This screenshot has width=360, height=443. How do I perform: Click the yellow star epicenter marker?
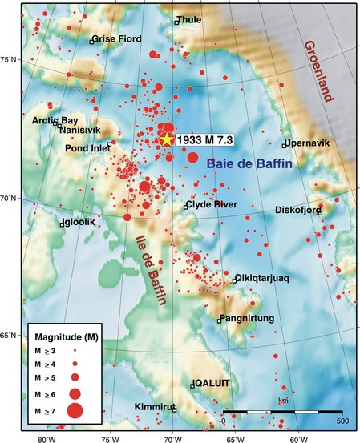tap(167, 139)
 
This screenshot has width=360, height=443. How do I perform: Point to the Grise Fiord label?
tap(119, 38)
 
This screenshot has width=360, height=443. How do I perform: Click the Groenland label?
tap(318, 72)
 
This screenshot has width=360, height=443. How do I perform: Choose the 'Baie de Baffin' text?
tap(249, 163)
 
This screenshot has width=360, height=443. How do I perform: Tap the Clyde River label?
tap(213, 205)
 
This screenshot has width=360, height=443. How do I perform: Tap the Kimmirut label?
tap(153, 407)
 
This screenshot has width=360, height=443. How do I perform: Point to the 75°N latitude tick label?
tap(10, 59)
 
